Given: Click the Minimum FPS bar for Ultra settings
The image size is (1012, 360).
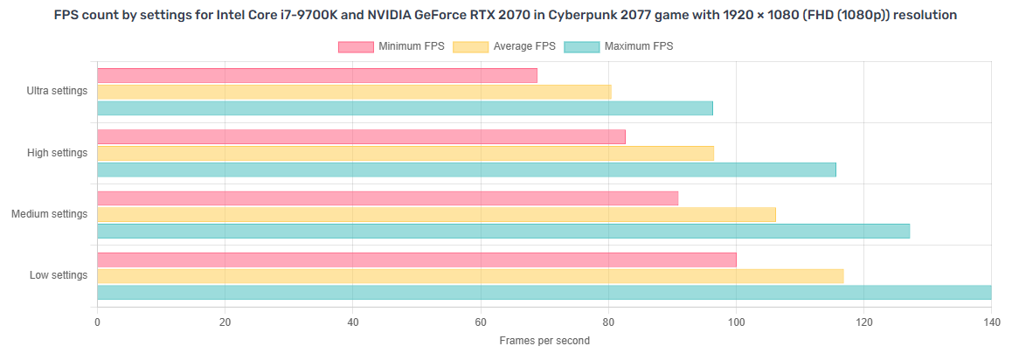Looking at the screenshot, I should coord(316,76).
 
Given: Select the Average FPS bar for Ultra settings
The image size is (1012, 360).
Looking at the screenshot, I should coord(354,92).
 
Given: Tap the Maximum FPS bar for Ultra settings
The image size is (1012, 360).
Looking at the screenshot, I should coord(405,108).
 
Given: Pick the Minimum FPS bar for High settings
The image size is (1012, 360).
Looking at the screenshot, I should coord(361,137).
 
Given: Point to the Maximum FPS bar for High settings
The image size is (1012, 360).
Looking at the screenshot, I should coord(466,170).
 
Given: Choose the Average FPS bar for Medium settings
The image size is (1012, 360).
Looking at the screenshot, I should coord(436,215).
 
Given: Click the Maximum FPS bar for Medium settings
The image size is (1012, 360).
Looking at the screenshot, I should coord(503,231).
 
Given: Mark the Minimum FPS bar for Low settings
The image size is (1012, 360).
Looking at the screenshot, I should coord(416,260).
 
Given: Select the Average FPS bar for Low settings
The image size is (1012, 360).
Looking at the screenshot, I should coord(470,276).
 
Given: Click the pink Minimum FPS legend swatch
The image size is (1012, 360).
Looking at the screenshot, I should coord(356,46).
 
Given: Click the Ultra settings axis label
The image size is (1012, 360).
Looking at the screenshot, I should coord(58,92).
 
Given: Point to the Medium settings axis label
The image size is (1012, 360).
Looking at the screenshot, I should coord(49,214).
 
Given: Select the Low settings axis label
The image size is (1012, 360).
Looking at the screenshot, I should coord(59,275).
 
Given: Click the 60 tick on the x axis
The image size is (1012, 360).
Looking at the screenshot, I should coord(481,322).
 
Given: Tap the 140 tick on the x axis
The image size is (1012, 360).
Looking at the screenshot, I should coord(991,322).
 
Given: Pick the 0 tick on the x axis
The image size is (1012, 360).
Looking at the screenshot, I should coord(97,322).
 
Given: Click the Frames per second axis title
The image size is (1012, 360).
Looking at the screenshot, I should coord(544,341).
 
